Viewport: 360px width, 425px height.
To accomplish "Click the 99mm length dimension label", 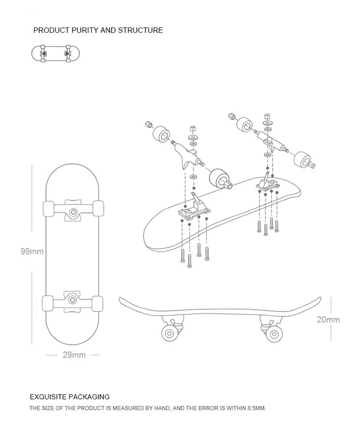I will click(x=32, y=252).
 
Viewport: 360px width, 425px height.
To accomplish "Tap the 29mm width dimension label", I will click(x=74, y=355).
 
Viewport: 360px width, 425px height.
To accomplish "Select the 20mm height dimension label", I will click(x=328, y=319).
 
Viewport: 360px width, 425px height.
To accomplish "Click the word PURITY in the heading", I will click(x=84, y=30).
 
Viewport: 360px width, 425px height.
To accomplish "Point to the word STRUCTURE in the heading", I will click(x=140, y=30).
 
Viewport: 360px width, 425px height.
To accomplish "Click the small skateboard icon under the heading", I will click(x=55, y=53).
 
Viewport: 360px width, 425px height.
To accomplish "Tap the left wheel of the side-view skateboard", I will click(x=170, y=333).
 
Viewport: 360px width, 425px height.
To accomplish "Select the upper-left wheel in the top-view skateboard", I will click(x=48, y=208).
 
